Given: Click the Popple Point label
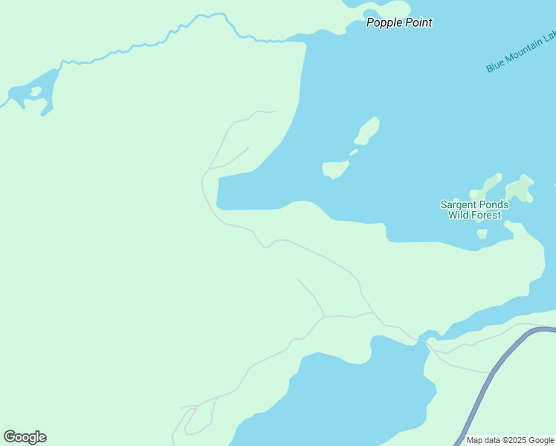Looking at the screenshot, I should (x=399, y=22).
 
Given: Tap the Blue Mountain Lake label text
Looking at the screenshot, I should (x=520, y=53).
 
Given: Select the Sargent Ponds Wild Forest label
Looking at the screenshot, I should (x=474, y=210).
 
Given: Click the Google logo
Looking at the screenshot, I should (x=25, y=437).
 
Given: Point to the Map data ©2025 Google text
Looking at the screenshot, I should (x=510, y=440).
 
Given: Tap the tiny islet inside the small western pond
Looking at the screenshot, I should (x=34, y=93).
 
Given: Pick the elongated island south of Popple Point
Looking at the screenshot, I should (x=367, y=131).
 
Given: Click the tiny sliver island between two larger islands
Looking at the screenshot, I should (x=353, y=152).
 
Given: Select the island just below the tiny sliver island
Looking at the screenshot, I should (x=336, y=169).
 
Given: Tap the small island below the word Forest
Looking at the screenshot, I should (x=482, y=234).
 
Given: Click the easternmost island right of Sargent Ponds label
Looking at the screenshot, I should (x=520, y=187).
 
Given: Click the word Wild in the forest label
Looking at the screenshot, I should (x=461, y=216).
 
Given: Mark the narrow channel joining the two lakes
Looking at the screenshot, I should (x=426, y=338).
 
